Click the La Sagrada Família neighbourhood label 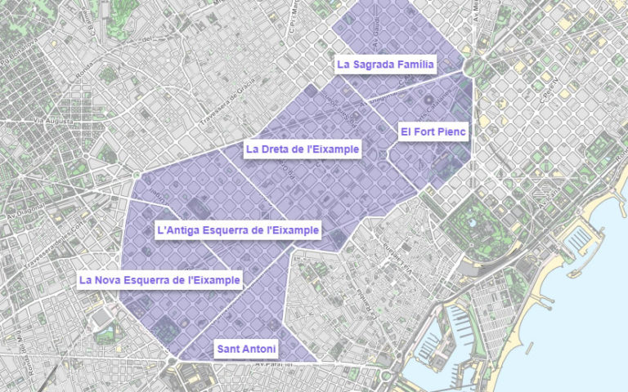tap(386, 64)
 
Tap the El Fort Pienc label tap(433, 131)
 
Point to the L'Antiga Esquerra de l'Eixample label tap(238, 231)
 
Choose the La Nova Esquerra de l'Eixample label tap(159, 280)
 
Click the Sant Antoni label tap(246, 349)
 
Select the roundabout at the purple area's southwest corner tap(172, 360)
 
